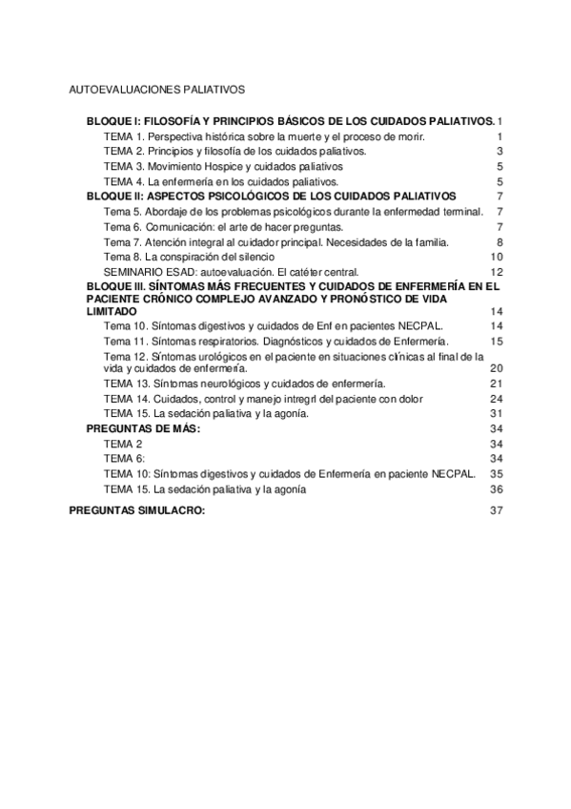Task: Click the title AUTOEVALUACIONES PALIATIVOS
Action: tap(157, 90)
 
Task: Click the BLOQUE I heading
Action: tap(290, 123)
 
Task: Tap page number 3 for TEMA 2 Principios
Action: tap(500, 152)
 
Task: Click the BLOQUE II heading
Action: tap(272, 196)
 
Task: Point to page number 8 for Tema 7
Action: tap(500, 242)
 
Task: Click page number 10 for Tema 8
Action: tap(496, 258)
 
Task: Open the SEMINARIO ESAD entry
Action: tap(231, 272)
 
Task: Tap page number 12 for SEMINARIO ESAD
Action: tap(496, 272)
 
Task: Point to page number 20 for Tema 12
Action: tap(496, 367)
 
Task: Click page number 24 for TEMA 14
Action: tap(496, 398)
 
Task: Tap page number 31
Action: tap(496, 413)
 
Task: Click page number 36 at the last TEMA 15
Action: tap(496, 488)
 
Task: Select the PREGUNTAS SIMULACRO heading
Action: tap(137, 510)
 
